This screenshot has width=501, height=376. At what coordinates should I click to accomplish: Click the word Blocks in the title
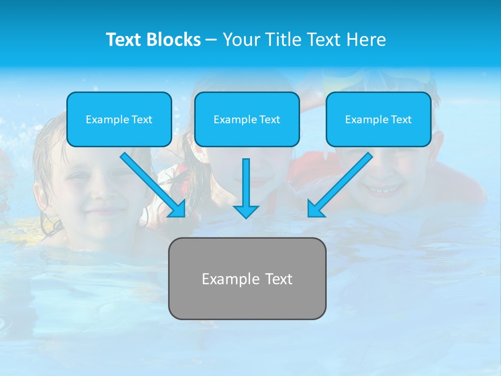click(174, 40)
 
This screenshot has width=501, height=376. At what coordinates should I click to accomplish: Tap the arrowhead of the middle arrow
click(246, 211)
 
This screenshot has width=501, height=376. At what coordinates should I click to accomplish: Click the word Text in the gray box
click(279, 279)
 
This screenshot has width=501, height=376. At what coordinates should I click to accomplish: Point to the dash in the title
click(211, 40)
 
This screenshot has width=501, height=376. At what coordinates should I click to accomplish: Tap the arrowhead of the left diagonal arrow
click(177, 209)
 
